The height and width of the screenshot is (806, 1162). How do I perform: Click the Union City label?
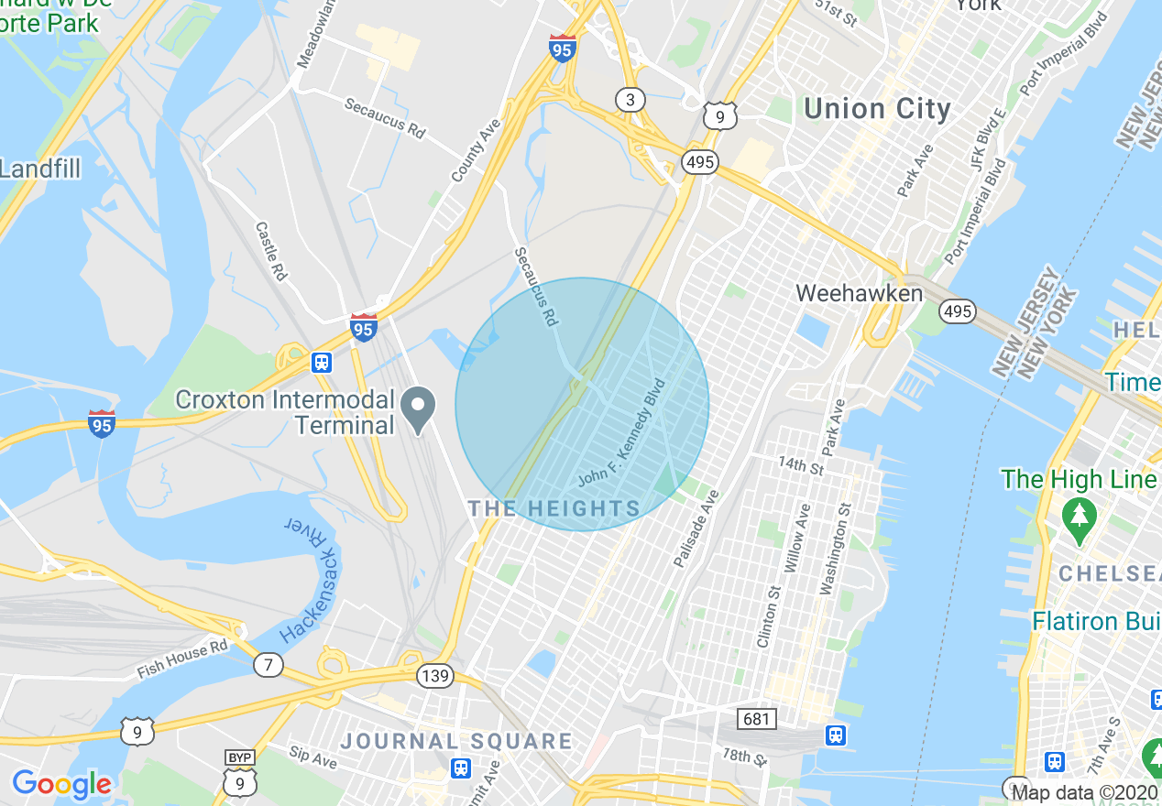(x=877, y=109)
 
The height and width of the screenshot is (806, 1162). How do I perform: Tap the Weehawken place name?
(x=859, y=293)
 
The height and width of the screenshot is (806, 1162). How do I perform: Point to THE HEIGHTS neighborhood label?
(x=554, y=509)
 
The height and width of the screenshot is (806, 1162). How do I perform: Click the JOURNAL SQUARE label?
(x=456, y=741)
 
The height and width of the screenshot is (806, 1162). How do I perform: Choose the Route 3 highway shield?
(x=630, y=100)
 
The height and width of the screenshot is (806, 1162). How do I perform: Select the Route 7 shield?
(x=268, y=665)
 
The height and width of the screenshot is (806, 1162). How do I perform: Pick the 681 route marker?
(x=756, y=719)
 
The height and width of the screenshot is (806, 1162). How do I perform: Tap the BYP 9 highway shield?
(x=239, y=775)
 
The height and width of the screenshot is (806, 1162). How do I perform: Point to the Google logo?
(x=61, y=784)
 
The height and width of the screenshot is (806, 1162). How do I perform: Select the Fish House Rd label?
(x=182, y=659)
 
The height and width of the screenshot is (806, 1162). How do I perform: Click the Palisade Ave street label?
(x=696, y=528)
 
